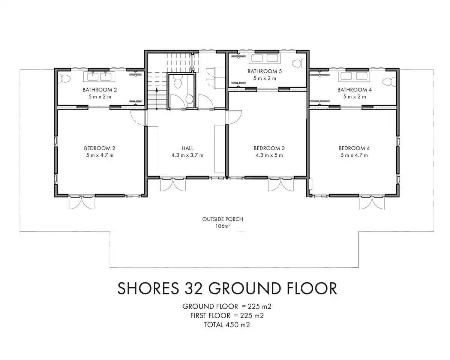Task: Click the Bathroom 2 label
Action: (99, 90)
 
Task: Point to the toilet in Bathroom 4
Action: (389, 81)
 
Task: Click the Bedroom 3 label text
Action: (269, 148)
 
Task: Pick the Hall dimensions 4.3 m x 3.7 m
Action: (187, 155)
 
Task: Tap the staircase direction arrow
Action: (157, 98)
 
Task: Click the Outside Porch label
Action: (223, 219)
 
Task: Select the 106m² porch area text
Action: (223, 226)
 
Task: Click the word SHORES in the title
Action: (148, 288)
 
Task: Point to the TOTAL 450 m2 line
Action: (227, 325)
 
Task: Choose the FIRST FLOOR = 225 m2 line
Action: (227, 315)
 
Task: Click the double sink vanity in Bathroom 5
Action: (264, 58)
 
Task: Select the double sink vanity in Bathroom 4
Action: (354, 76)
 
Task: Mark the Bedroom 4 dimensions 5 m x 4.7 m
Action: (354, 155)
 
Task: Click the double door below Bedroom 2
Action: (81, 202)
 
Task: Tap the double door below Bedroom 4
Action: (372, 202)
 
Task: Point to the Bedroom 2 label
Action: (99, 148)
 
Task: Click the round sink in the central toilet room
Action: (189, 99)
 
